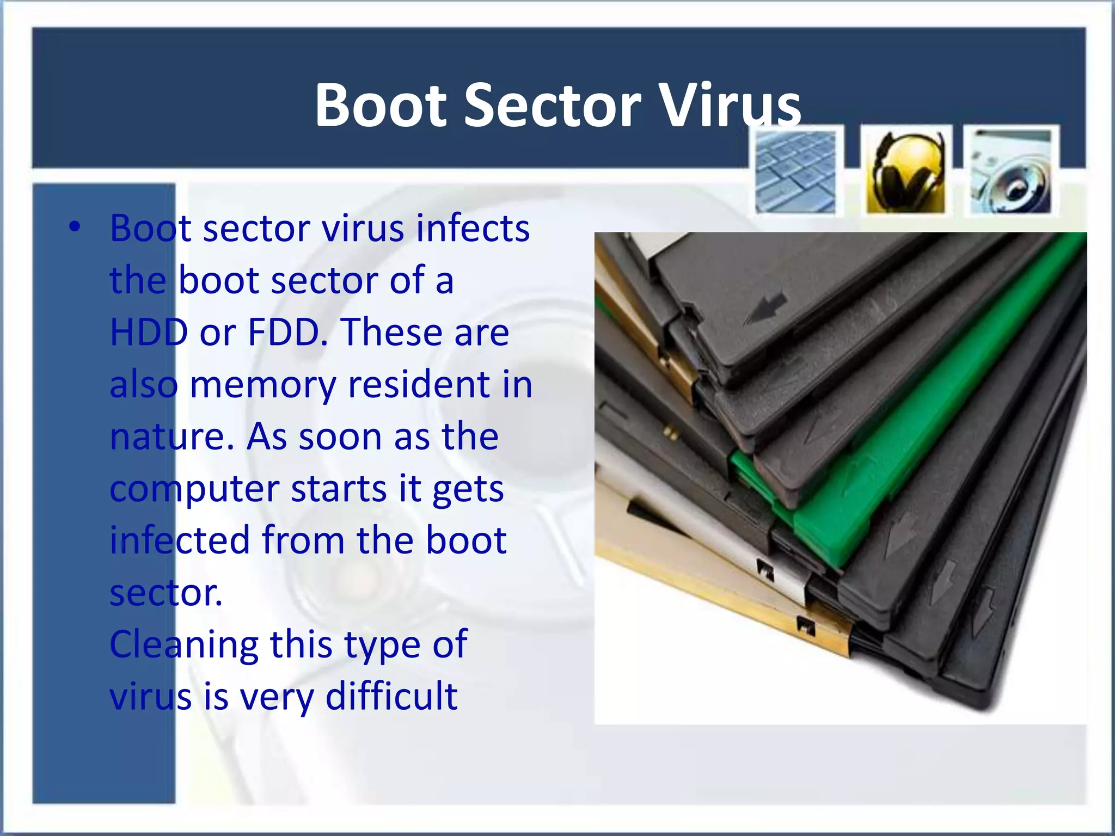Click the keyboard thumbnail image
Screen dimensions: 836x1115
(795, 171)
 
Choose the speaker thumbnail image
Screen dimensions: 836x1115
(1012, 171)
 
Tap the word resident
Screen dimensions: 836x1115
(419, 384)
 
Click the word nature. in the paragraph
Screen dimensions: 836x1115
(171, 437)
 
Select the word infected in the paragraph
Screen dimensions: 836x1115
(180, 540)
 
